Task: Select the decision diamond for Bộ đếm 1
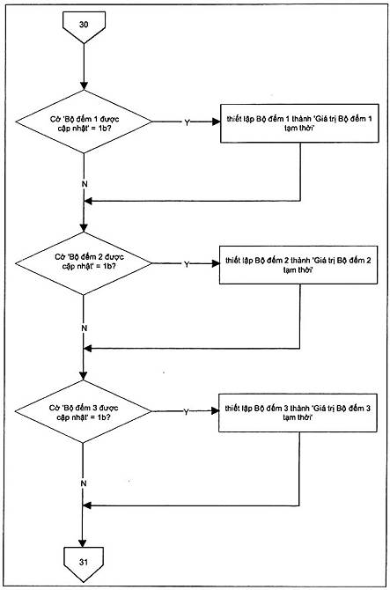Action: [x=84, y=122]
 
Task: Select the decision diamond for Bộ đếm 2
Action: [x=84, y=263]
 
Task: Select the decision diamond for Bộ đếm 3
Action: [x=83, y=411]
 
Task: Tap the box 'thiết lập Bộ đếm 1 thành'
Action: [x=299, y=123]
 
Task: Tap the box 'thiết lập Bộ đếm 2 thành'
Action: [x=298, y=265]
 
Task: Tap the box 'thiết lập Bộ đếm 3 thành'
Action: [x=298, y=413]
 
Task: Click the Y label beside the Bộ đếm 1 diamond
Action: [x=187, y=122]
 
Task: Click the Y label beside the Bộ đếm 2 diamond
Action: [x=187, y=264]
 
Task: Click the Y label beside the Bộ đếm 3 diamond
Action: [x=186, y=412]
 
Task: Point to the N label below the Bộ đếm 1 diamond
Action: [x=85, y=184]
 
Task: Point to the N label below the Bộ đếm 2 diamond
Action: [x=85, y=328]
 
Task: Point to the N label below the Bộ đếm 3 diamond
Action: [x=84, y=483]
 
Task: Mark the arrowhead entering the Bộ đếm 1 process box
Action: [x=217, y=122]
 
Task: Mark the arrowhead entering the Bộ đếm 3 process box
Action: [x=215, y=411]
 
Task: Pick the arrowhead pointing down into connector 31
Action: [x=83, y=543]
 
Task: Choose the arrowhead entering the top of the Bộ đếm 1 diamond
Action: [x=84, y=85]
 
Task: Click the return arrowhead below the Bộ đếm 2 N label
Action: [x=88, y=349]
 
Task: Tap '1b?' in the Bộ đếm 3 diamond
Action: [x=103, y=417]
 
